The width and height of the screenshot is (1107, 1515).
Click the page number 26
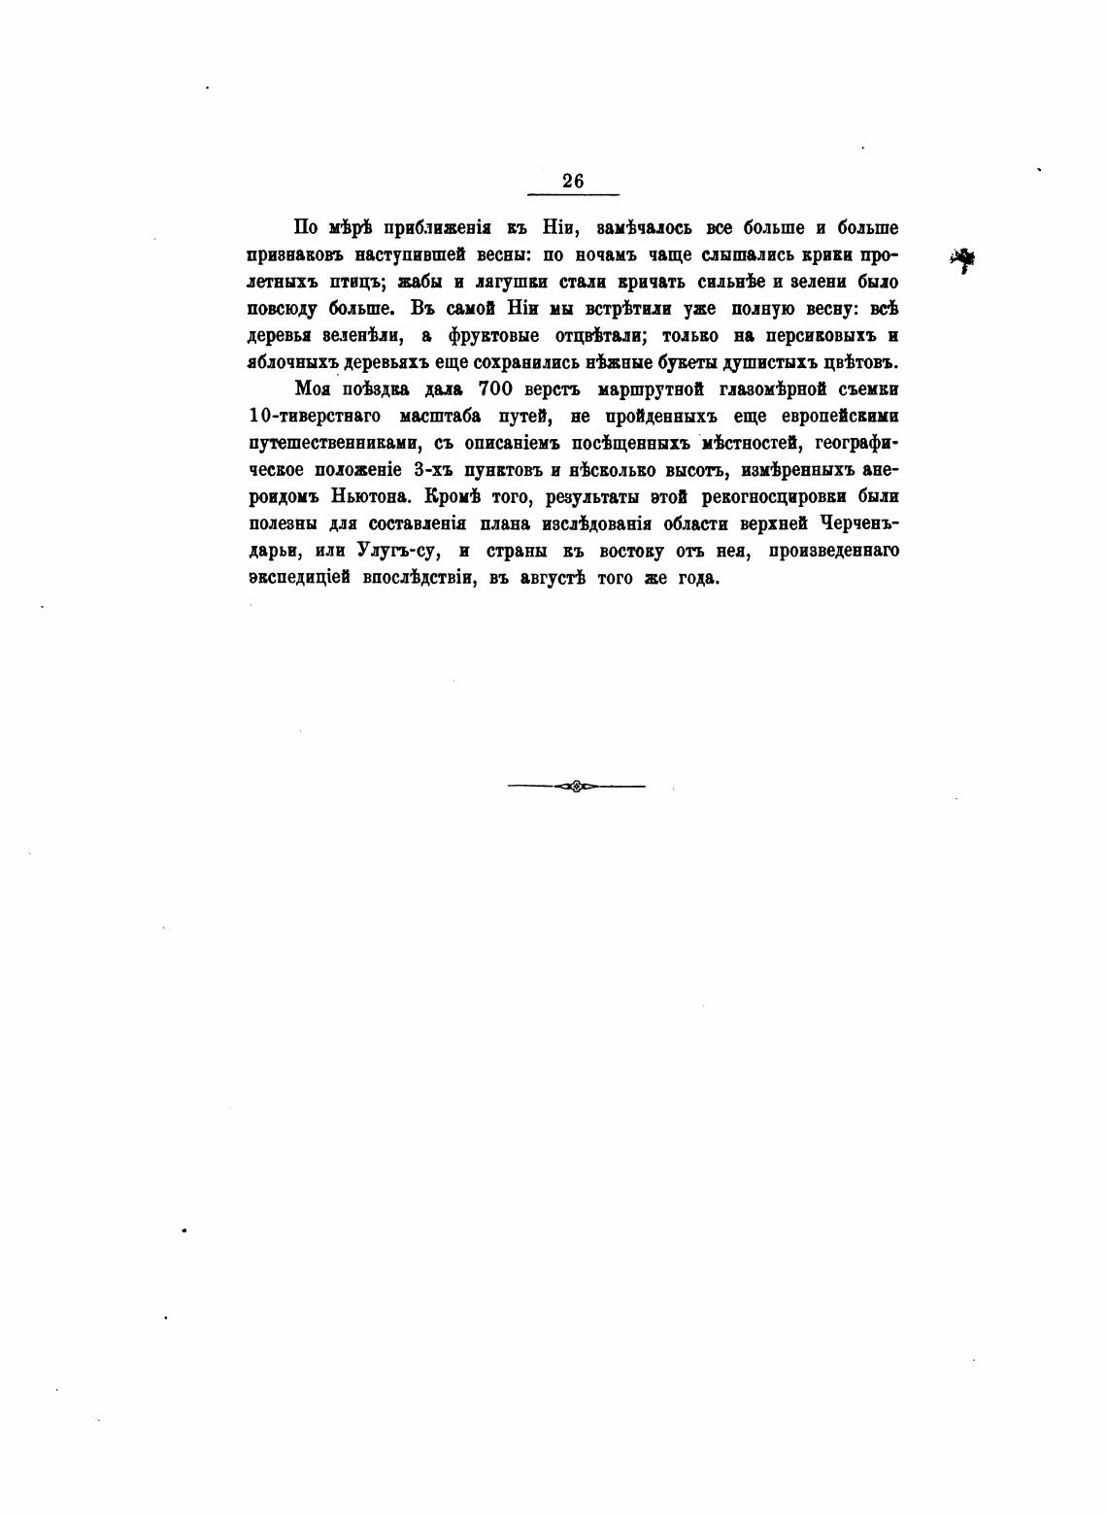[x=573, y=181]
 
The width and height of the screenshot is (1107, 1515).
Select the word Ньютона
[x=371, y=496]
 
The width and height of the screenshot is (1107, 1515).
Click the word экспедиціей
[x=298, y=578]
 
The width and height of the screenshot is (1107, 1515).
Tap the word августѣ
[x=554, y=578]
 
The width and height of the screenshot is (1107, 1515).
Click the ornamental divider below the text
[x=576, y=786]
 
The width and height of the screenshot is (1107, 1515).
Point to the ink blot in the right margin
[x=963, y=259]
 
